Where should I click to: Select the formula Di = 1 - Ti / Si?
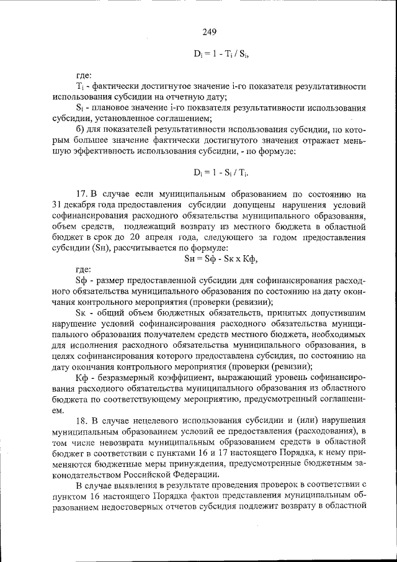pyautogui.click(x=221, y=53)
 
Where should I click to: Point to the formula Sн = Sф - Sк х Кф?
pyautogui.click(x=221, y=259)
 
